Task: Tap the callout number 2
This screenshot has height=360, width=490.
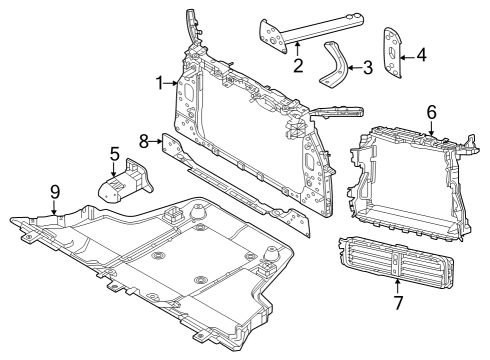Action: (298, 66)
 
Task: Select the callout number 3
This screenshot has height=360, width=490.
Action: (368, 68)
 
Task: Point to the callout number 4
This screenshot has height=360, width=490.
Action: (420, 56)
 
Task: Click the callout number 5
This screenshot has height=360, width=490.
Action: (114, 155)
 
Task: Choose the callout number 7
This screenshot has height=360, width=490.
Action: (398, 301)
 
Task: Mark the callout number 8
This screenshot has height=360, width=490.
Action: (144, 141)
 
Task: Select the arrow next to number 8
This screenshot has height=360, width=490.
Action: (157, 141)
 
